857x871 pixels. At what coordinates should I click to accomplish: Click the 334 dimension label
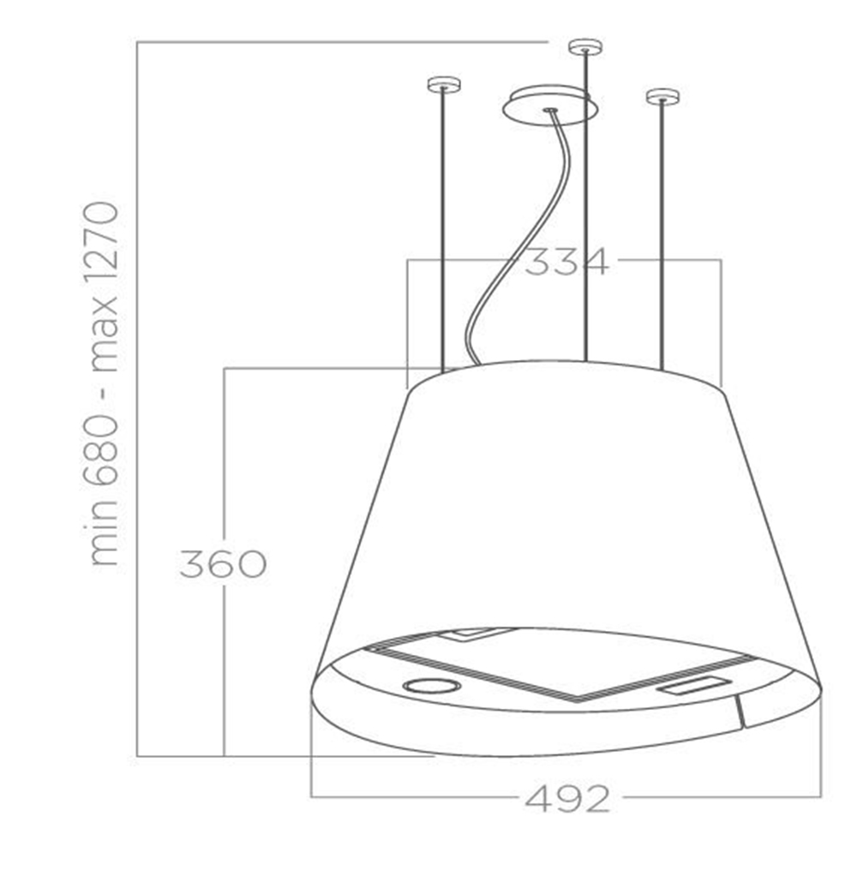tap(566, 261)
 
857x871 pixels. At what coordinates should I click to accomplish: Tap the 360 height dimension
tap(223, 563)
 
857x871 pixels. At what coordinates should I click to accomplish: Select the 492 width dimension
tap(566, 799)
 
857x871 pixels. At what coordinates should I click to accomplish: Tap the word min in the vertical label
tap(103, 540)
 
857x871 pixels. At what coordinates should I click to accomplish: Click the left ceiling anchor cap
tap(443, 84)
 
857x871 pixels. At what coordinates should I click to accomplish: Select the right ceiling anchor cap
tap(662, 95)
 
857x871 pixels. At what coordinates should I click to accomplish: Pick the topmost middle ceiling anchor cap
tap(584, 45)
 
